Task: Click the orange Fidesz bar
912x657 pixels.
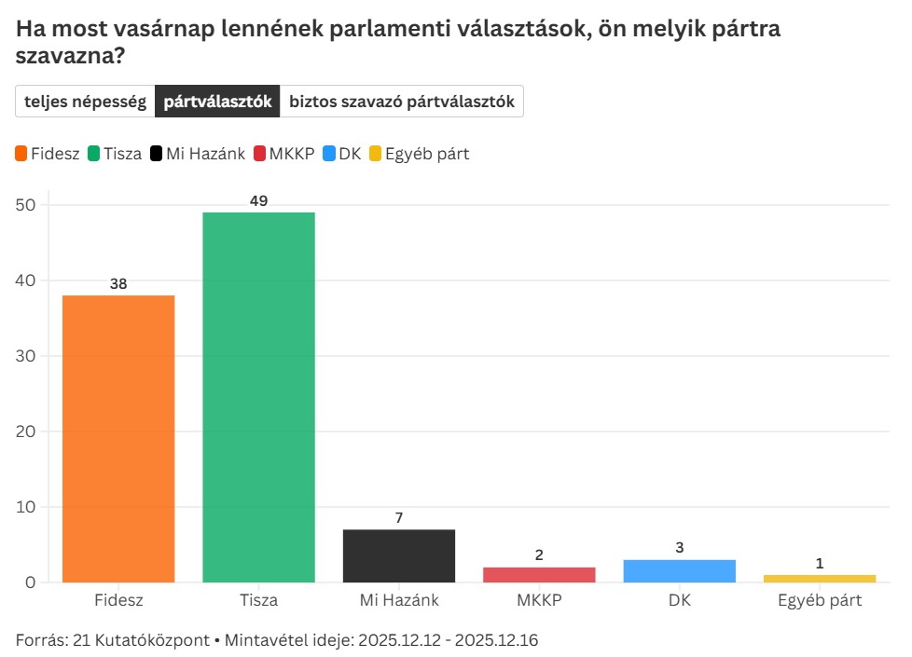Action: (x=118, y=438)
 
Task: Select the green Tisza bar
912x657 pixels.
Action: (x=258, y=397)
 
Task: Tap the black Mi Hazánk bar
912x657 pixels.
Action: (x=399, y=555)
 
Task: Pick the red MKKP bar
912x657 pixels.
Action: (x=539, y=575)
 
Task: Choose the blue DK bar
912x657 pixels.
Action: (x=679, y=571)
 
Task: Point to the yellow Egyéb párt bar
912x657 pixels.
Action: (x=820, y=579)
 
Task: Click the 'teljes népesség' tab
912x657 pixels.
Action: (x=85, y=102)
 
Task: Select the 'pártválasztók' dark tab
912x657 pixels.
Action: (x=217, y=102)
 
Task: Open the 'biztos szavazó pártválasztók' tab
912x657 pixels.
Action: (x=402, y=102)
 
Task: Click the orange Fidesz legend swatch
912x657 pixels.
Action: (x=21, y=154)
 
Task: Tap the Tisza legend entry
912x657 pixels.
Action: (x=115, y=154)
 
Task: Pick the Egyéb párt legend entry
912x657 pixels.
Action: (x=419, y=154)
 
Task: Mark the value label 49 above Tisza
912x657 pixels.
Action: (x=258, y=200)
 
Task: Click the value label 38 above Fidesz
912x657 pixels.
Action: (x=118, y=283)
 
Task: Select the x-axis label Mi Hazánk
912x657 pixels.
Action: (x=399, y=600)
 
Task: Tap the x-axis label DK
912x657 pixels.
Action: (x=679, y=600)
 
